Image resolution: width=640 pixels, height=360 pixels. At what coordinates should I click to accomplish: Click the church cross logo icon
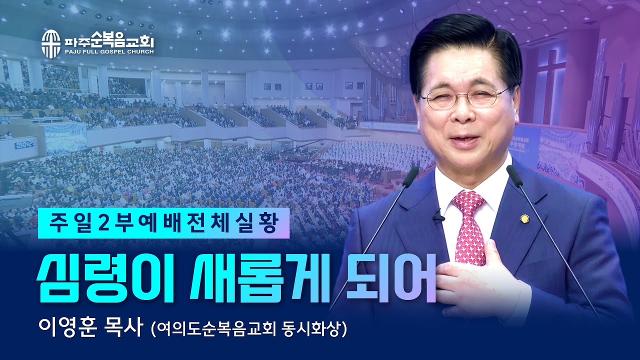[x=50, y=43]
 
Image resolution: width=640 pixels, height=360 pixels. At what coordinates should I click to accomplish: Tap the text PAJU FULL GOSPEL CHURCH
[x=109, y=51]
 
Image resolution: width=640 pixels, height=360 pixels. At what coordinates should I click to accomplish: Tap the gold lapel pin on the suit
[x=525, y=218]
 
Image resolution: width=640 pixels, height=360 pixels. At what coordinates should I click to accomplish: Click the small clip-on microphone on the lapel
[x=438, y=216]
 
